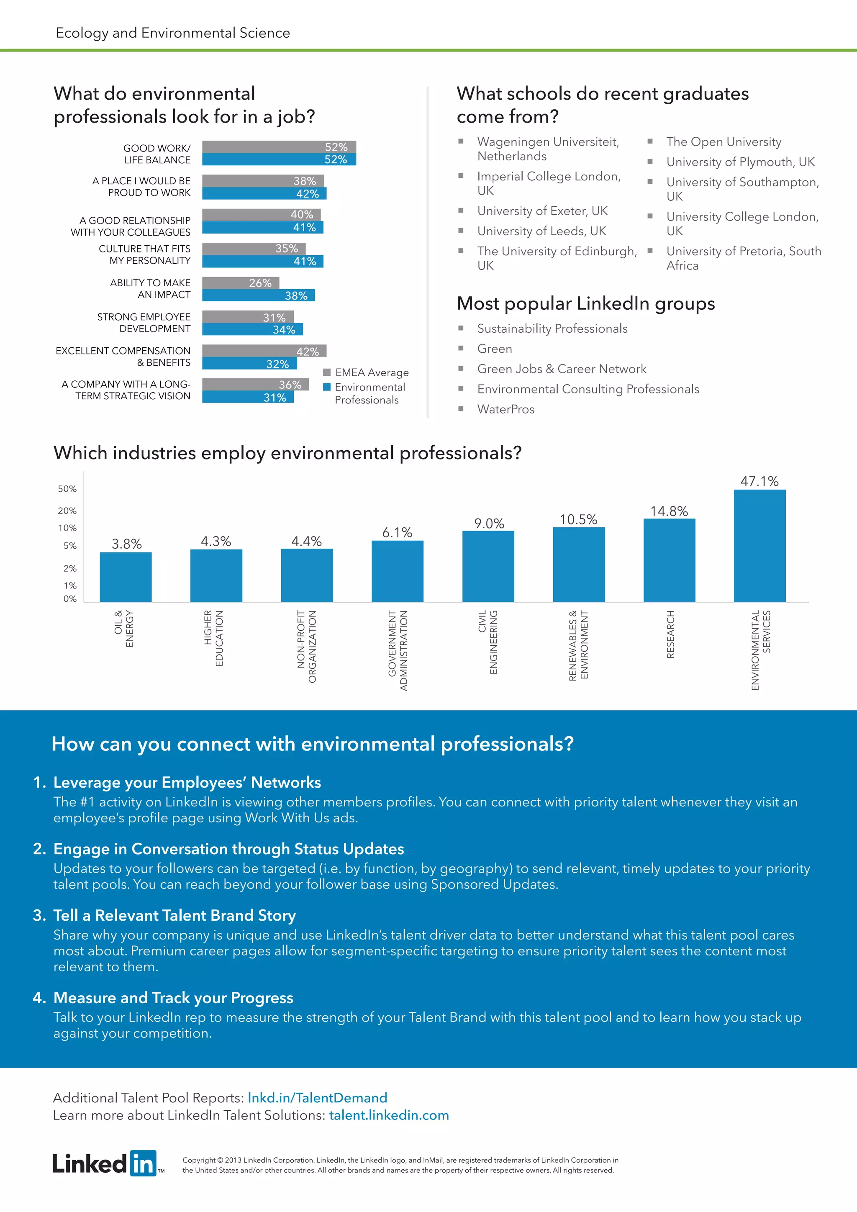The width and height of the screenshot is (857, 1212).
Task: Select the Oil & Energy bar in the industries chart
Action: [126, 577]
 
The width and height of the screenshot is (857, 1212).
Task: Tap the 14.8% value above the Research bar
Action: [669, 511]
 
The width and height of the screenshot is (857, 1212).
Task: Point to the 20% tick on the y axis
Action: [67, 511]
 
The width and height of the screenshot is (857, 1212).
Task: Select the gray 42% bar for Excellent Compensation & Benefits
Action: [264, 351]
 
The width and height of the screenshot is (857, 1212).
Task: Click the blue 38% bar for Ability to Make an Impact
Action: [258, 295]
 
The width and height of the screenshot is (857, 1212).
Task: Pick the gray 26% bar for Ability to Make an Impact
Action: [240, 283]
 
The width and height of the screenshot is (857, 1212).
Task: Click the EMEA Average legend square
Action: [327, 372]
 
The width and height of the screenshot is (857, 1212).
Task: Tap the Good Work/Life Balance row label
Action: [157, 154]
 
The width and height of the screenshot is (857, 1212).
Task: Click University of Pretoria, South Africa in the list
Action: [743, 258]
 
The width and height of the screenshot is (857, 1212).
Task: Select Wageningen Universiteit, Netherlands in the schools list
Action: [548, 149]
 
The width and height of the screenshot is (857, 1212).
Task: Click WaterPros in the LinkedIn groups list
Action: [505, 409]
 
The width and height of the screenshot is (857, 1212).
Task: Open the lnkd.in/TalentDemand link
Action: [317, 1097]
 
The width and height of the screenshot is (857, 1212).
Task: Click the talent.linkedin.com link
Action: [389, 1115]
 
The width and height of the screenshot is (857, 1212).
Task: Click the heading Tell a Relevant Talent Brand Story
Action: [174, 915]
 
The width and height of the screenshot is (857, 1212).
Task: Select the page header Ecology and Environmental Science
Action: [172, 33]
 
